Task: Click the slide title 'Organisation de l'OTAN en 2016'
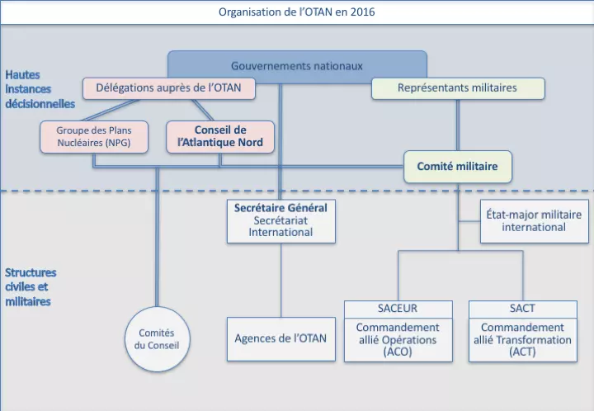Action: (296, 12)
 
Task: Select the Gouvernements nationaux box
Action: (297, 65)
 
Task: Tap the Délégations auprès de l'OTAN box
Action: (168, 87)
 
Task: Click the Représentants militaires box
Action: (457, 87)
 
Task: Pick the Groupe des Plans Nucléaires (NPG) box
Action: (94, 137)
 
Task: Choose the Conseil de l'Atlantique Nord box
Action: (219, 137)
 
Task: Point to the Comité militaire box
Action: (457, 166)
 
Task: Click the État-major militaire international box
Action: (534, 220)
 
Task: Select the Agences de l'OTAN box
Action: (280, 338)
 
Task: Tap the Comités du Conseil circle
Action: (157, 338)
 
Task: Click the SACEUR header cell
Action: (398, 309)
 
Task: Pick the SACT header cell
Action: (522, 309)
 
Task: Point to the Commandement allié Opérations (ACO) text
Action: (398, 339)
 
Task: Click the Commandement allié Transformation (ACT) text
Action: (522, 339)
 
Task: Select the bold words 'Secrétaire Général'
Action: (280, 208)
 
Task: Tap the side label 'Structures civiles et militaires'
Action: (31, 286)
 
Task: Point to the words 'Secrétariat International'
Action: (280, 226)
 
